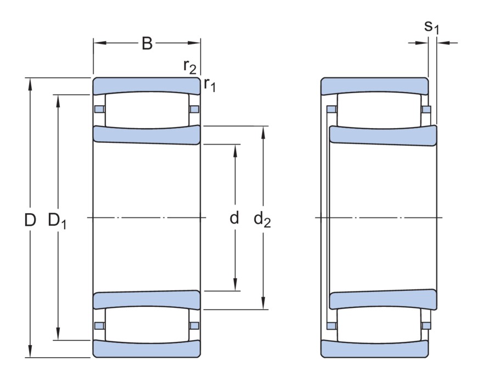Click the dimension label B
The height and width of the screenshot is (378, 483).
147,43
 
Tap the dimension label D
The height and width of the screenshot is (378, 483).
30,220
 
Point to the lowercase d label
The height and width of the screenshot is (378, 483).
235,219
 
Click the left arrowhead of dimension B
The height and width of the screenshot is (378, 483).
97,42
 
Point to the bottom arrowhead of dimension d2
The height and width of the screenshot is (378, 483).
265,306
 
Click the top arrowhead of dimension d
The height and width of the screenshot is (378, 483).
235,148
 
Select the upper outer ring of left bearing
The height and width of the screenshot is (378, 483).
147,85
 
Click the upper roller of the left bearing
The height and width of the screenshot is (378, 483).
146,110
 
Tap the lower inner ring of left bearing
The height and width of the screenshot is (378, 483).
147,300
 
